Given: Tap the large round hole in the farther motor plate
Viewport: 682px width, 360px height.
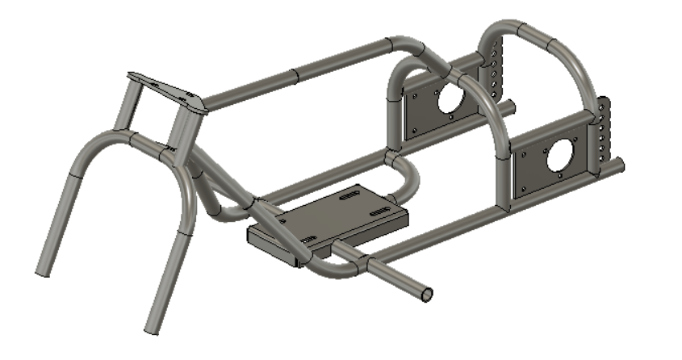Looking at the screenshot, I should click(x=448, y=97).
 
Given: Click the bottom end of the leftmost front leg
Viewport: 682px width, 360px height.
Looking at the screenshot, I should click(x=44, y=270).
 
